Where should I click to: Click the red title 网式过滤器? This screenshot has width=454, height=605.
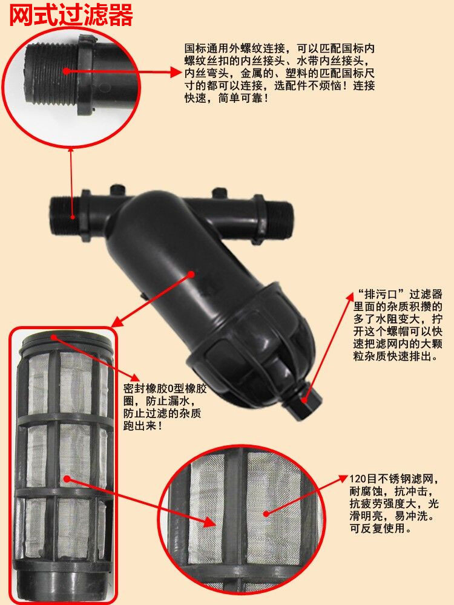(71, 16)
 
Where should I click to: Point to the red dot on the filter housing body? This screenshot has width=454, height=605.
(191, 273)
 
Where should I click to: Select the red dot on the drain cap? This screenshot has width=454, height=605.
(305, 400)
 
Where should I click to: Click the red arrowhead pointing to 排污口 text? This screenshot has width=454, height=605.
(349, 296)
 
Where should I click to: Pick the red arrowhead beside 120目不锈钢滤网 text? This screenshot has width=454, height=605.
(343, 479)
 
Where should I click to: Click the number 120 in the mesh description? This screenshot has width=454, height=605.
(357, 479)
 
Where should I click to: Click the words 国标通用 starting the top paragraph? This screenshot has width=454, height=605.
(206, 48)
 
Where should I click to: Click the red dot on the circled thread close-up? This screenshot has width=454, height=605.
(67, 71)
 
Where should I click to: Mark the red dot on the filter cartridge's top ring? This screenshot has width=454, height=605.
(53, 337)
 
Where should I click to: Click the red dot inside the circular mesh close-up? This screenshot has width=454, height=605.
(266, 513)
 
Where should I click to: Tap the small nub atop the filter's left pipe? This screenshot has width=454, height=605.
(117, 189)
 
